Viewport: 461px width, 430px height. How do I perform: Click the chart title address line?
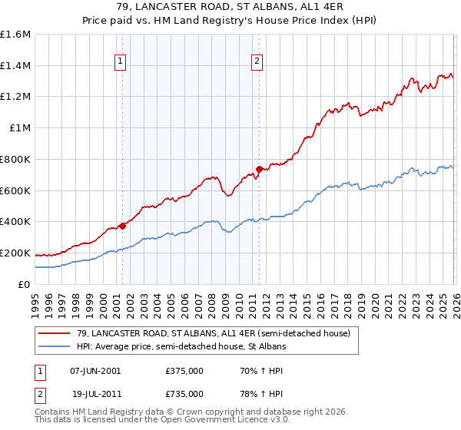pos(230,8)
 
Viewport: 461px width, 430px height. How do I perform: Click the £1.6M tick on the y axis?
pos(15,35)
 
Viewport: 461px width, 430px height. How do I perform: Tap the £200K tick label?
pos(15,253)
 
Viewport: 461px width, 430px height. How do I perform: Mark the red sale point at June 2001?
pos(122,226)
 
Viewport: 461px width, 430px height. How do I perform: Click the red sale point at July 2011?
pos(260,169)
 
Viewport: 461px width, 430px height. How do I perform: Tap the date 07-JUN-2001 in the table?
pos(95,370)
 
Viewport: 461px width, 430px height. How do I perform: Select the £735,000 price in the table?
pos(184,393)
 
